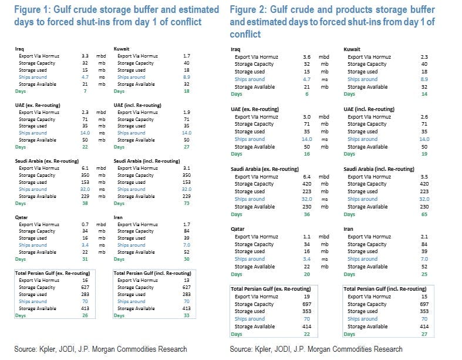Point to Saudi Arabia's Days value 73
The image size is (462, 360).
[187, 203]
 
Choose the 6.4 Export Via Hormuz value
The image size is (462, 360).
[307, 176]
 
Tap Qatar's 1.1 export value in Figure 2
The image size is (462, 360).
[307, 237]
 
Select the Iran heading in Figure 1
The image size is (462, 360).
[119, 217]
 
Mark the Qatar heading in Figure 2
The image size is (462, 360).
[238, 229]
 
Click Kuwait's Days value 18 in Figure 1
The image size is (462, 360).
[187, 92]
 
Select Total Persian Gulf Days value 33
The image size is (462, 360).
[187, 315]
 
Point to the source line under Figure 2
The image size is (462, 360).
[316, 349]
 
